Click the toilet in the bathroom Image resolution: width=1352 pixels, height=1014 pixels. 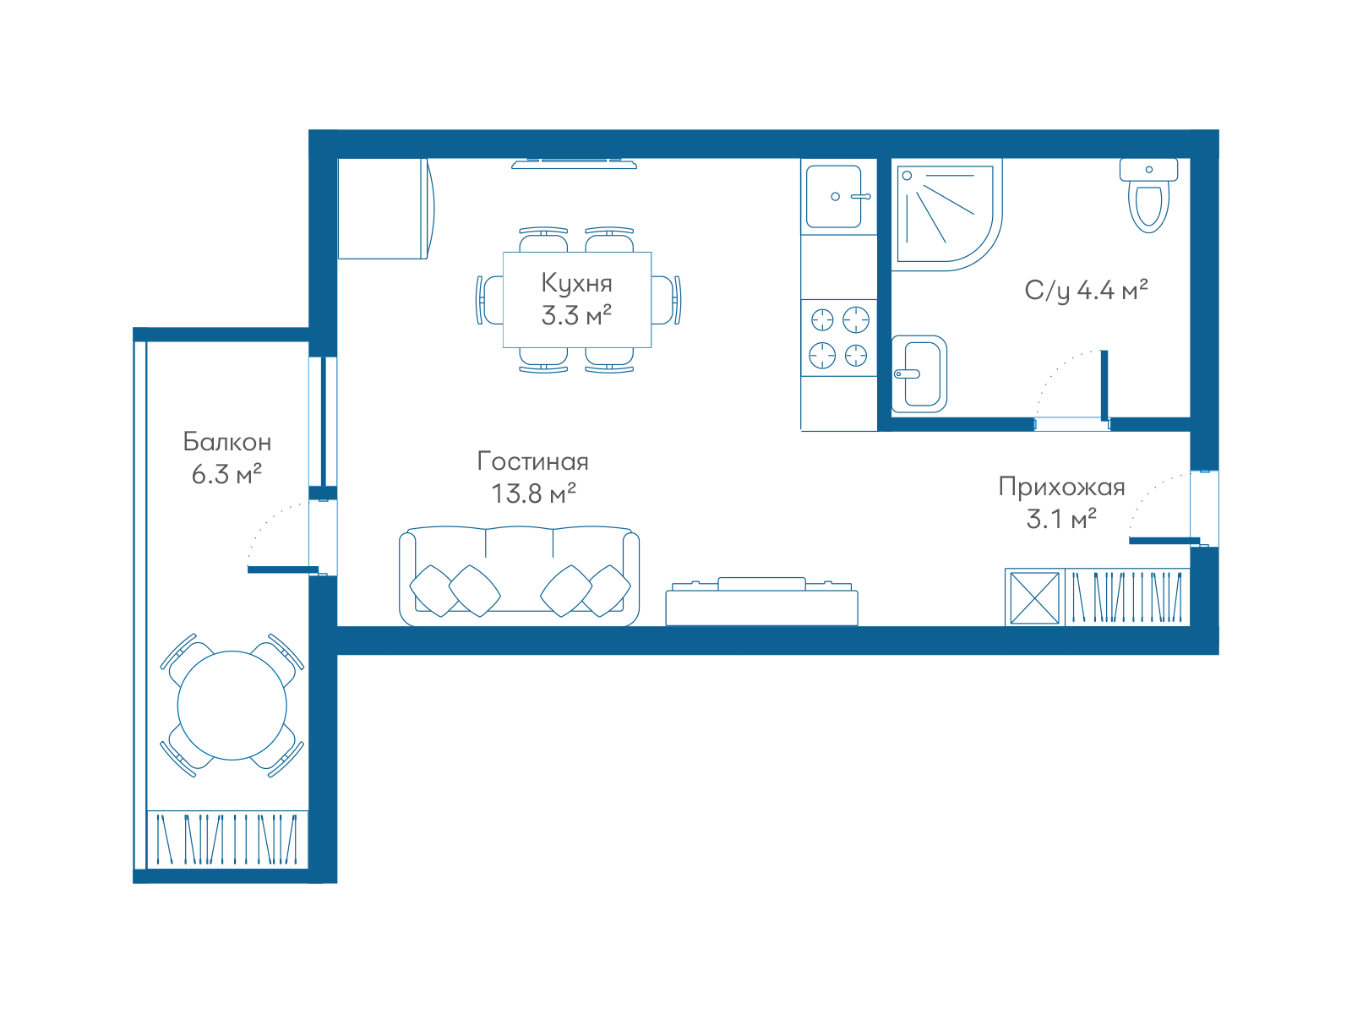[x=1148, y=195]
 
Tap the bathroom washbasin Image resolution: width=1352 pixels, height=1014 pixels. [x=919, y=373]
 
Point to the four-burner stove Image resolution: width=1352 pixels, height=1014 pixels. [x=838, y=337]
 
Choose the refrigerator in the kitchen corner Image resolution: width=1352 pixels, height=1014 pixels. [x=385, y=209]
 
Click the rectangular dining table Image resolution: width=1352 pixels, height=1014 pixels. [x=576, y=300]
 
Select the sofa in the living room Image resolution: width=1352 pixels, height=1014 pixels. [x=519, y=576]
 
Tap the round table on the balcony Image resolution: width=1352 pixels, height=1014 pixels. [x=232, y=706]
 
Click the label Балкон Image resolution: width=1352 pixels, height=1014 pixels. [x=226, y=442]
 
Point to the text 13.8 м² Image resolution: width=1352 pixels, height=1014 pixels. [x=533, y=493]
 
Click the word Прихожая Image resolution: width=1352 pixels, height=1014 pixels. [x=1061, y=488]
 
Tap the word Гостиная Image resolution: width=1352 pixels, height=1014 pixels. [x=533, y=461]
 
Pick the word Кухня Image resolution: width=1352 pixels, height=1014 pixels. [x=576, y=284]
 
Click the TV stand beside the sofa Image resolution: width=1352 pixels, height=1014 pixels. [x=761, y=602]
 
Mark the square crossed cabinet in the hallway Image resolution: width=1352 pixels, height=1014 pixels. [x=1035, y=597]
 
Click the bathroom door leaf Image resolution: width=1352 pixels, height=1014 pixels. [x=1104, y=385]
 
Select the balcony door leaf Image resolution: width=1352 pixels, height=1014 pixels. [x=283, y=570]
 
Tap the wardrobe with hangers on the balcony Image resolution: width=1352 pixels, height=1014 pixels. [x=227, y=840]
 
